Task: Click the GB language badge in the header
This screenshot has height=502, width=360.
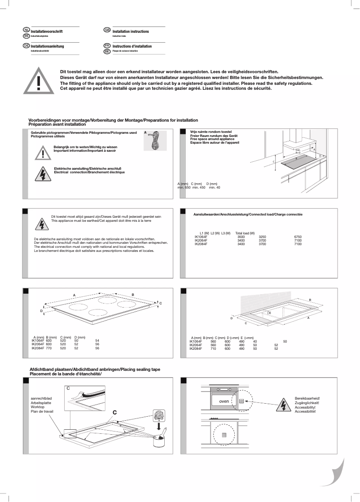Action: pyautogui.click(x=107, y=30)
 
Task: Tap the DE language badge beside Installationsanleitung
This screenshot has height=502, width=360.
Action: pyautogui.click(x=26, y=46)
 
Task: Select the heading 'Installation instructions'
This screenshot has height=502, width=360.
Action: pyautogui.click(x=131, y=31)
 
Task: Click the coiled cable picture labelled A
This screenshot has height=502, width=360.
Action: pyautogui.click(x=155, y=141)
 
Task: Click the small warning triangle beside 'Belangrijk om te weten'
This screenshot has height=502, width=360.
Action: pyautogui.click(x=43, y=153)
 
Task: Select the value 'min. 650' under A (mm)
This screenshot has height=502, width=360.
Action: pyautogui.click(x=184, y=187)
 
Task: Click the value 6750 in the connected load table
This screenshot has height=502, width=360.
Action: pyautogui.click(x=298, y=236)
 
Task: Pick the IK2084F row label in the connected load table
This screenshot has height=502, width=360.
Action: pyautogui.click(x=201, y=244)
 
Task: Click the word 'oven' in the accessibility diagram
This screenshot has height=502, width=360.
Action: pyautogui.click(x=224, y=401)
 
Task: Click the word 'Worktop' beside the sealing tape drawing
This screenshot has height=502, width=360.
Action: pyautogui.click(x=37, y=406)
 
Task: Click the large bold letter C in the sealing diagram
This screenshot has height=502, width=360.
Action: pyautogui.click(x=115, y=412)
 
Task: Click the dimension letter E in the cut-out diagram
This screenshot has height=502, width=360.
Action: pyautogui.click(x=270, y=312)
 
